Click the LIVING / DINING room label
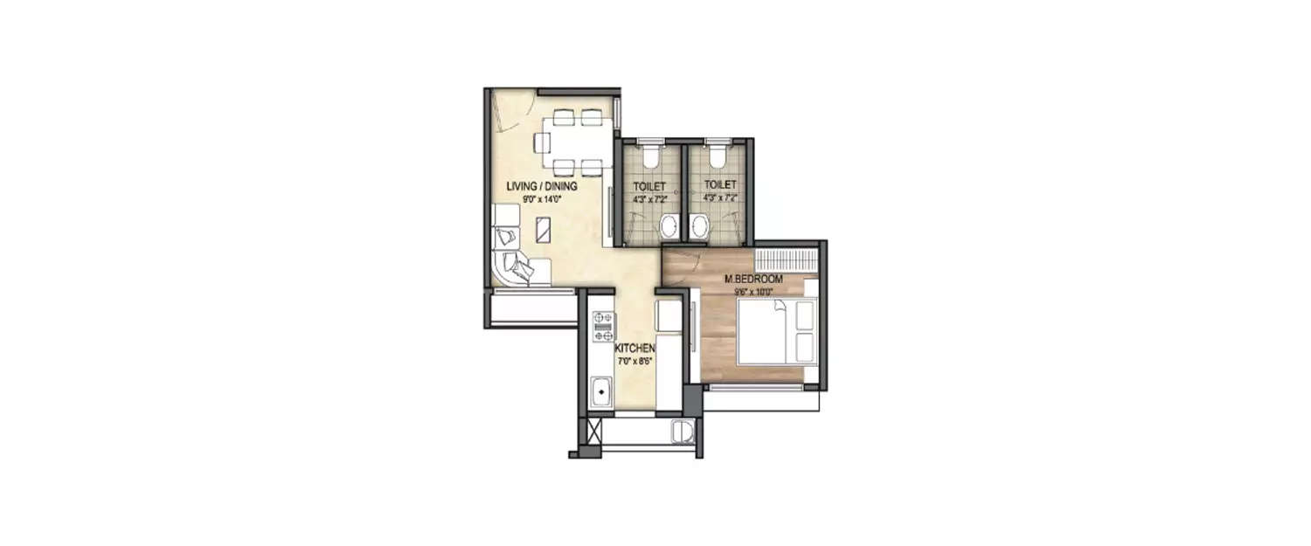543,186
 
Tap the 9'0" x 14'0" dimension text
543,198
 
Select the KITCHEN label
635,349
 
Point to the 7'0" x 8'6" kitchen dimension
635,360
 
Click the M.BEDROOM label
753,280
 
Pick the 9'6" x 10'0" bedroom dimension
753,291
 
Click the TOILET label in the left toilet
649,185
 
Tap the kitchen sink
601,392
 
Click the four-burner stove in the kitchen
602,326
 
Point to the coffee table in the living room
543,231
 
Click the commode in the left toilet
649,156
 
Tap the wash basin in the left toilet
669,228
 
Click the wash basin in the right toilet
698,228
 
